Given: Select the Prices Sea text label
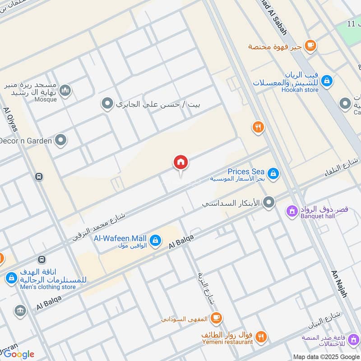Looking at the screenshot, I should point(246,171).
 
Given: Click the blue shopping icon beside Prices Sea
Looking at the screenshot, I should point(273,173).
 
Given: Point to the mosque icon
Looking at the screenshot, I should point(65,91).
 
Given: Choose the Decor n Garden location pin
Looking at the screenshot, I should point(60,141).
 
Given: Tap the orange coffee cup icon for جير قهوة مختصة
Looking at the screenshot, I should point(310,45).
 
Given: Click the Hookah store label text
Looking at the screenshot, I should point(300,90).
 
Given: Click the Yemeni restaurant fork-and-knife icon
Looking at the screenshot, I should point(261,337).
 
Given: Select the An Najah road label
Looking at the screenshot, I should point(339,284).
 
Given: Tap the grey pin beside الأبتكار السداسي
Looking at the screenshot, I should point(269,203).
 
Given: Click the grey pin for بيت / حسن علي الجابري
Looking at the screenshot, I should point(107,105).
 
